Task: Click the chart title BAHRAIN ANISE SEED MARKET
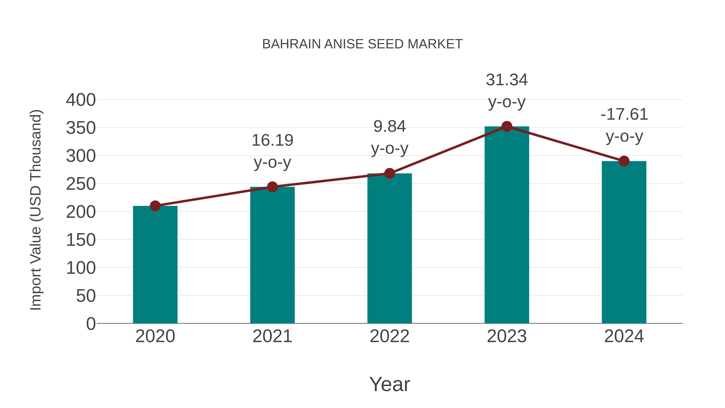point(362,44)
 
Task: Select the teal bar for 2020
point(155,265)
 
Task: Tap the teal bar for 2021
point(272,255)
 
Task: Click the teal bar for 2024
point(624,242)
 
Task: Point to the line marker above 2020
point(155,206)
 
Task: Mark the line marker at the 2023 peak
point(507,126)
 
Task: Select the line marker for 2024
point(624,161)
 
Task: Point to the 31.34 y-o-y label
point(507,91)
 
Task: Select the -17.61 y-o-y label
point(624,125)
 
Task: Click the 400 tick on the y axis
point(81,100)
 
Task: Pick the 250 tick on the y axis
point(81,184)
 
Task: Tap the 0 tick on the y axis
point(91,324)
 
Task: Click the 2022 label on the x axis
point(389,336)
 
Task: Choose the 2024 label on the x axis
point(624,336)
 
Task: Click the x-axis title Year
point(389,384)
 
